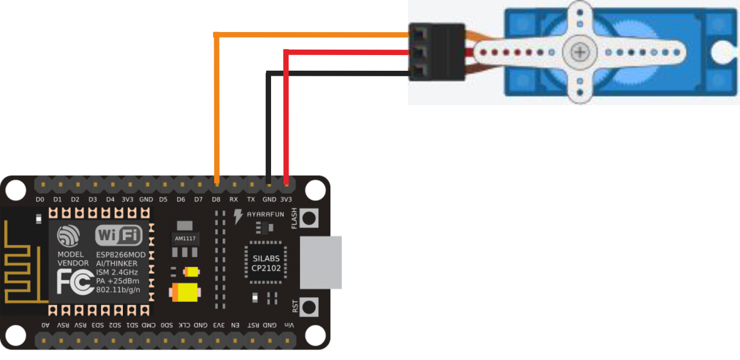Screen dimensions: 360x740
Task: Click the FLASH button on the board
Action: pos(309,218)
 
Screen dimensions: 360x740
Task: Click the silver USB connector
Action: pos(321,262)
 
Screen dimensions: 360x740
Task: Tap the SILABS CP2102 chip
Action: pos(267,263)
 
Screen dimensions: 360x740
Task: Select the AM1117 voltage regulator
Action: pos(186,238)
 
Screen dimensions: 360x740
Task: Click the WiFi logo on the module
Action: pos(119,235)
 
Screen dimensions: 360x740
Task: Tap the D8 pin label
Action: pos(216,199)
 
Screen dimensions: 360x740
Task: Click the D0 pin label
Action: pos(40,199)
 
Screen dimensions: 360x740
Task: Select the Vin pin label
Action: pos(289,326)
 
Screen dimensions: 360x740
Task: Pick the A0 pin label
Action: pos(45,326)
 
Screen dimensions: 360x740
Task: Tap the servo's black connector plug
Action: pos(436,52)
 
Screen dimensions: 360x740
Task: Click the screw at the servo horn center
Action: pos(580,52)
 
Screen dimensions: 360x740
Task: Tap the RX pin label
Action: pos(234,199)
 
